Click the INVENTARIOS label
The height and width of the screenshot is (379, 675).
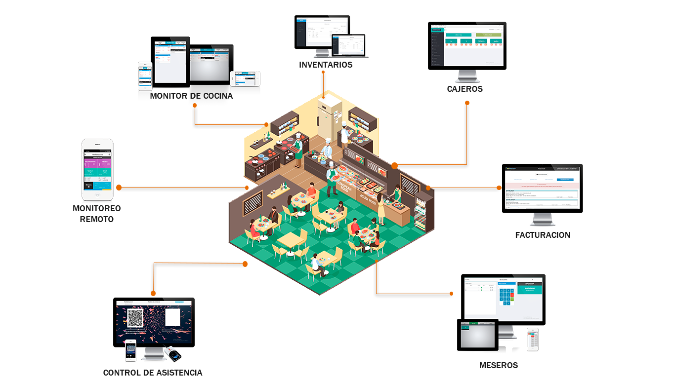tap(326, 65)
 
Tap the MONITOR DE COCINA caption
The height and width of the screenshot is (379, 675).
tap(191, 96)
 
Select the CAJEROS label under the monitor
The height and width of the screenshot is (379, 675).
tap(464, 89)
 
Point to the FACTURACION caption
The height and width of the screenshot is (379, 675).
tap(543, 235)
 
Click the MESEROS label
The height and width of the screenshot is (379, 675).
tap(499, 365)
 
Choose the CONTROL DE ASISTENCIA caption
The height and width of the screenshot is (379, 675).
tap(153, 373)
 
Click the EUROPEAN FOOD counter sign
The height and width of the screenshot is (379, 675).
tap(344, 189)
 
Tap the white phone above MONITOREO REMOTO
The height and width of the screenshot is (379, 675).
tap(97, 170)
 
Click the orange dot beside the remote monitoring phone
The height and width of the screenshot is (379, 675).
tap(119, 188)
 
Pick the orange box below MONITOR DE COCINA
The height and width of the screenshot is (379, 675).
tap(229, 115)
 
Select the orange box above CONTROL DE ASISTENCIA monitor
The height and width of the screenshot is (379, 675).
tap(198, 280)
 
